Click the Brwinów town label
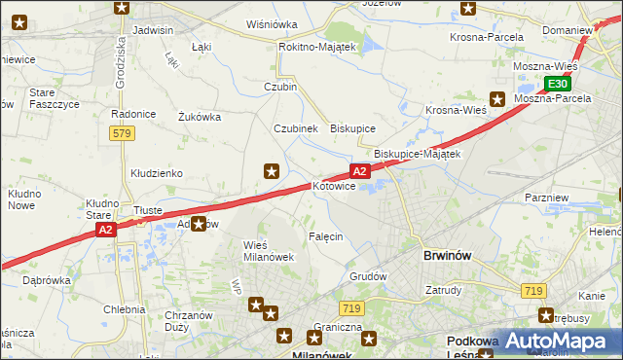[x=448, y=256]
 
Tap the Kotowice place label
[x=333, y=186]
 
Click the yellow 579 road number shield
[x=122, y=133]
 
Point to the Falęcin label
[x=325, y=236]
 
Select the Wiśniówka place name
[x=272, y=24]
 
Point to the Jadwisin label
[x=152, y=30]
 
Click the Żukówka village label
[x=200, y=117]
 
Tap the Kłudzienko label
[x=156, y=173]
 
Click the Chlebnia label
[x=125, y=309]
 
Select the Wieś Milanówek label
[x=268, y=250]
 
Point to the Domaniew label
[x=568, y=30]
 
